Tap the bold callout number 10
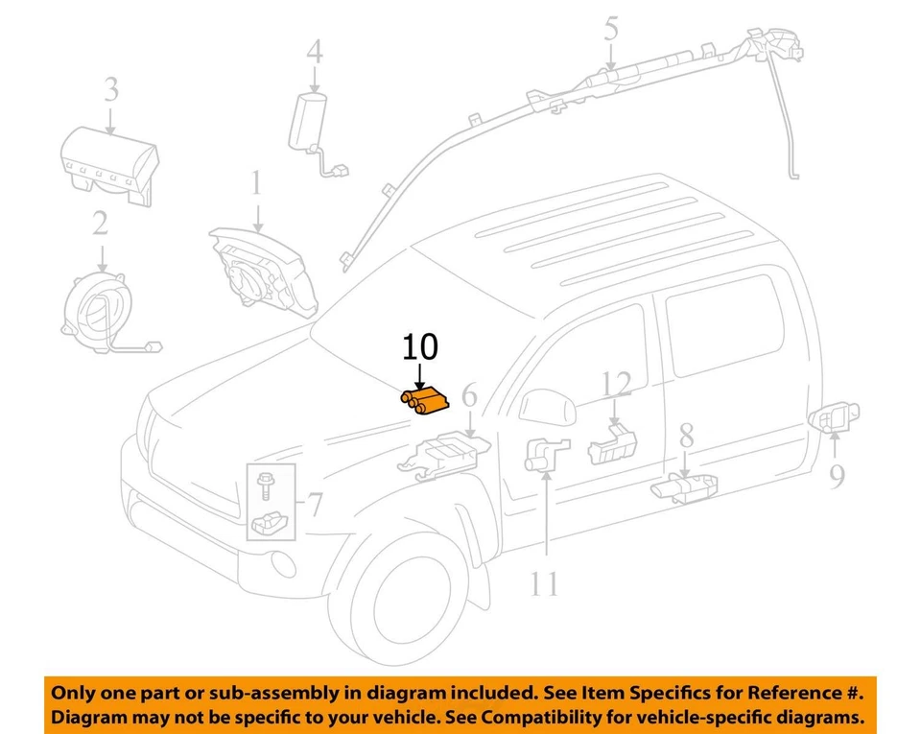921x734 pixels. pos(419,347)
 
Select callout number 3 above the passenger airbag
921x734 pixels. pos(111,91)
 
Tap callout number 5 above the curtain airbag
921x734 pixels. pos(611,30)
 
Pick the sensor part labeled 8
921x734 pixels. pos(686,486)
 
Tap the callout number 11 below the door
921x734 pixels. pos(544,582)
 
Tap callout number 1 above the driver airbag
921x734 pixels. pos(256,183)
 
